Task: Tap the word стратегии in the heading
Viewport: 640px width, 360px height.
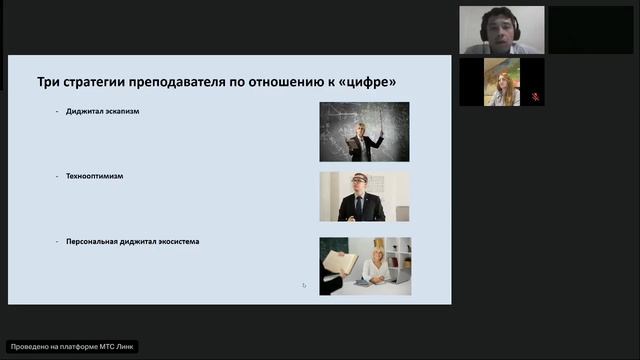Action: (x=100, y=81)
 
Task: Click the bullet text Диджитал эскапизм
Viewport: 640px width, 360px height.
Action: (x=103, y=111)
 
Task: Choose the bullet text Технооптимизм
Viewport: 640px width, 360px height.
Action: (x=95, y=176)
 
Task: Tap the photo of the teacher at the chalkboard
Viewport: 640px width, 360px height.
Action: (x=364, y=131)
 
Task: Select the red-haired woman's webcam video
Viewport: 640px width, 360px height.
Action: (x=502, y=82)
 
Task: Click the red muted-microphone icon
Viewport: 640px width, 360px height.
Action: (x=535, y=97)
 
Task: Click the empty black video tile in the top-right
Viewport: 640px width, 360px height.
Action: (x=591, y=30)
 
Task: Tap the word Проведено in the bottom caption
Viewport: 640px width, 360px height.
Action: (x=29, y=347)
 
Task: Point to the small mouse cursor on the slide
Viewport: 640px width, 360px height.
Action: (x=304, y=285)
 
